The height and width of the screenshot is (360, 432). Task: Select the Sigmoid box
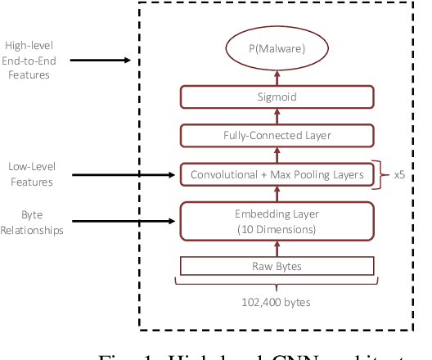(x=277, y=97)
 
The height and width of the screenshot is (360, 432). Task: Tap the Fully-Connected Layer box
(x=277, y=135)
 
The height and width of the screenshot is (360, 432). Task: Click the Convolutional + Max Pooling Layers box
(x=277, y=173)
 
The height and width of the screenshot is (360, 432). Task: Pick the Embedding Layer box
(x=277, y=222)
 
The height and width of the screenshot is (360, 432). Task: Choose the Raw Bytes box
(x=277, y=267)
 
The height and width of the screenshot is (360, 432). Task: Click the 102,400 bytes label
(x=277, y=301)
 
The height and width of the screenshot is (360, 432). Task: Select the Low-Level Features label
(x=30, y=174)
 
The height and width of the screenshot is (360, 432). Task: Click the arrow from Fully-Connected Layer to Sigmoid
(x=277, y=116)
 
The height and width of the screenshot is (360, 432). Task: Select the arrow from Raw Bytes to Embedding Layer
(x=277, y=249)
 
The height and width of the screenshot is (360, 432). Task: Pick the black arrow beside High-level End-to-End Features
(x=98, y=60)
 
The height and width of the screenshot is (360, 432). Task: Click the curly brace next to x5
(x=379, y=173)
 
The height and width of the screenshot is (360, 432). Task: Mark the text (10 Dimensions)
(x=277, y=229)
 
